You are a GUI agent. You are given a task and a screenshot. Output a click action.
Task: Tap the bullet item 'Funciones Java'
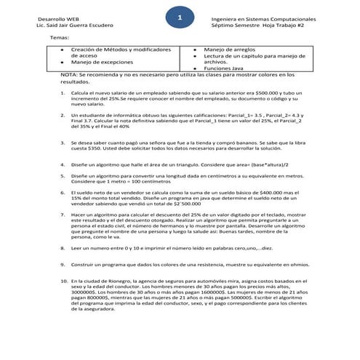pyautogui.click(x=227, y=68)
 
